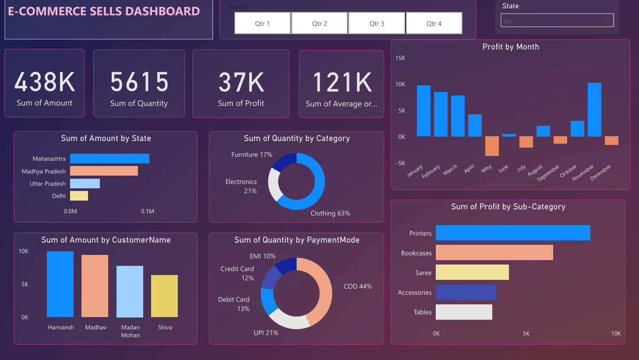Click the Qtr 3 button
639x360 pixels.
coord(377,23)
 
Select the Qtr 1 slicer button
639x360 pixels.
coord(262,23)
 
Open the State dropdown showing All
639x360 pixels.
coord(557,21)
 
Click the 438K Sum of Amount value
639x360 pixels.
coord(45,82)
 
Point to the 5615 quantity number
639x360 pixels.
coord(139,82)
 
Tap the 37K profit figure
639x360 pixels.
coord(241,82)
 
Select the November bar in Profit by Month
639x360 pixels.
coord(594,109)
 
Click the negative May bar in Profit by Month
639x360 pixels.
coord(492,146)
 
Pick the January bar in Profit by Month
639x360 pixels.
coord(424,111)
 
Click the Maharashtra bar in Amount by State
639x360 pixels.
coord(109,159)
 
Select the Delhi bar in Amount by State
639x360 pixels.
coord(79,196)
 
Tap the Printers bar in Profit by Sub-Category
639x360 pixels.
coord(513,233)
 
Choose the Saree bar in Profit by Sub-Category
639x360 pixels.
coord(472,272)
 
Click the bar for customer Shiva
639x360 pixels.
coord(164,296)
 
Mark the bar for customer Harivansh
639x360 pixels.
coord(60,284)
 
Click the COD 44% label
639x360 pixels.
coord(358,286)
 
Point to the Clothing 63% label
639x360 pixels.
coord(330,213)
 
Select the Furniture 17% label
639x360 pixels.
coord(252,155)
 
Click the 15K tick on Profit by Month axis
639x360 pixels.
coord(400,58)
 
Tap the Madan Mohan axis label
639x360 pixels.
coord(131,331)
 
